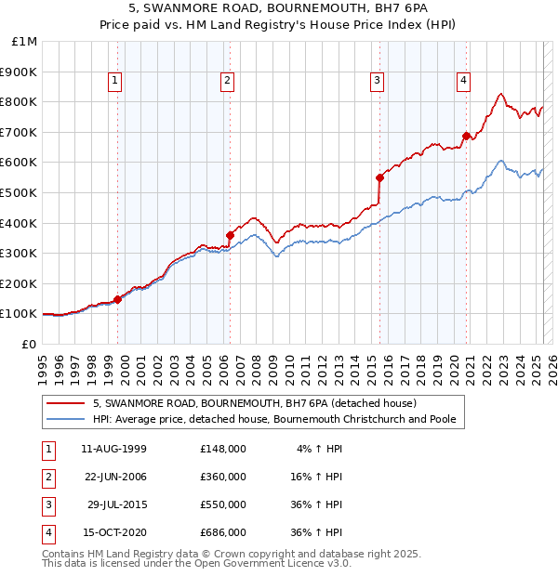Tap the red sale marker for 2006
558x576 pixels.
coord(230,235)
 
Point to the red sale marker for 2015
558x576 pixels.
coord(379,177)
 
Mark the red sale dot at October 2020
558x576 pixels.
coord(466,136)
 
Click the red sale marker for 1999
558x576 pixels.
coord(118,299)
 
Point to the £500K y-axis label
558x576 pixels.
coord(20,192)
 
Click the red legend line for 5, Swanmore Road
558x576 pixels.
coord(66,404)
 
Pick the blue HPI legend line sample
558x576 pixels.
coord(66,419)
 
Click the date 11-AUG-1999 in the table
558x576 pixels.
coord(113,449)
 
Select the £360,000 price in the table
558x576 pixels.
coord(222,477)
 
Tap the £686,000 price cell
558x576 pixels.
coord(222,532)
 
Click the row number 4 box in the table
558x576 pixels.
coord(47,532)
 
